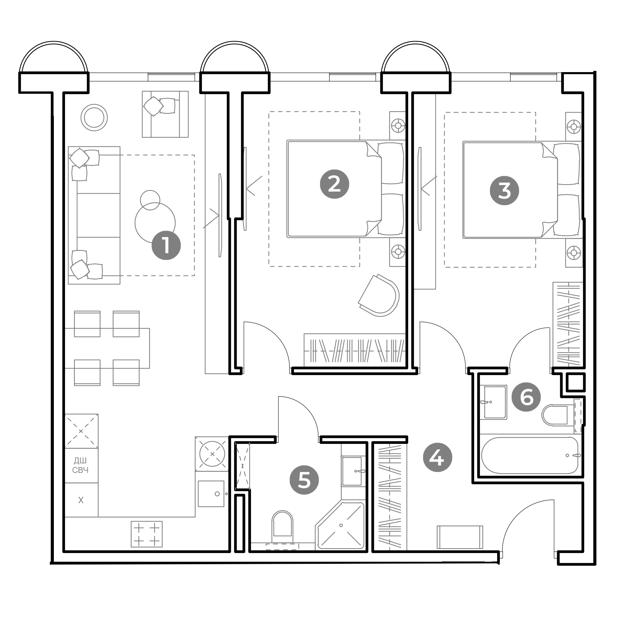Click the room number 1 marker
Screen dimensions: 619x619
[x=166, y=245]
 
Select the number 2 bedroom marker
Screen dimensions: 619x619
[x=335, y=184]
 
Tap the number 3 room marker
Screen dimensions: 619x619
[x=504, y=191]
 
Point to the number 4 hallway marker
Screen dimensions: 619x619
[x=438, y=457]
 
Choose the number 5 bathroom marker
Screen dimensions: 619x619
[x=304, y=480]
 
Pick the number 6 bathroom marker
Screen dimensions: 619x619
[x=526, y=397]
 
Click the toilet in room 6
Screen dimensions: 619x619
[x=555, y=415]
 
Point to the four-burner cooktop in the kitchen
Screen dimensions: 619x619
[x=146, y=534]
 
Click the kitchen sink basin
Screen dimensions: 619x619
[x=211, y=494]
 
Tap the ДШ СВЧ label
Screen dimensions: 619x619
[x=80, y=465]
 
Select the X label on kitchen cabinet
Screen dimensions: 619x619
[x=81, y=500]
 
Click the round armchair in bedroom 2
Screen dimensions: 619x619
[x=379, y=295]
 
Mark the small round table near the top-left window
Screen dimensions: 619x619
[x=94, y=118]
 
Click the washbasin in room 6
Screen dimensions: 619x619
[x=495, y=402]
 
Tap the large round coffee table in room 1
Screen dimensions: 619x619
[x=155, y=223]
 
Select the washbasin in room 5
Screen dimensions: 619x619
[x=353, y=471]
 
